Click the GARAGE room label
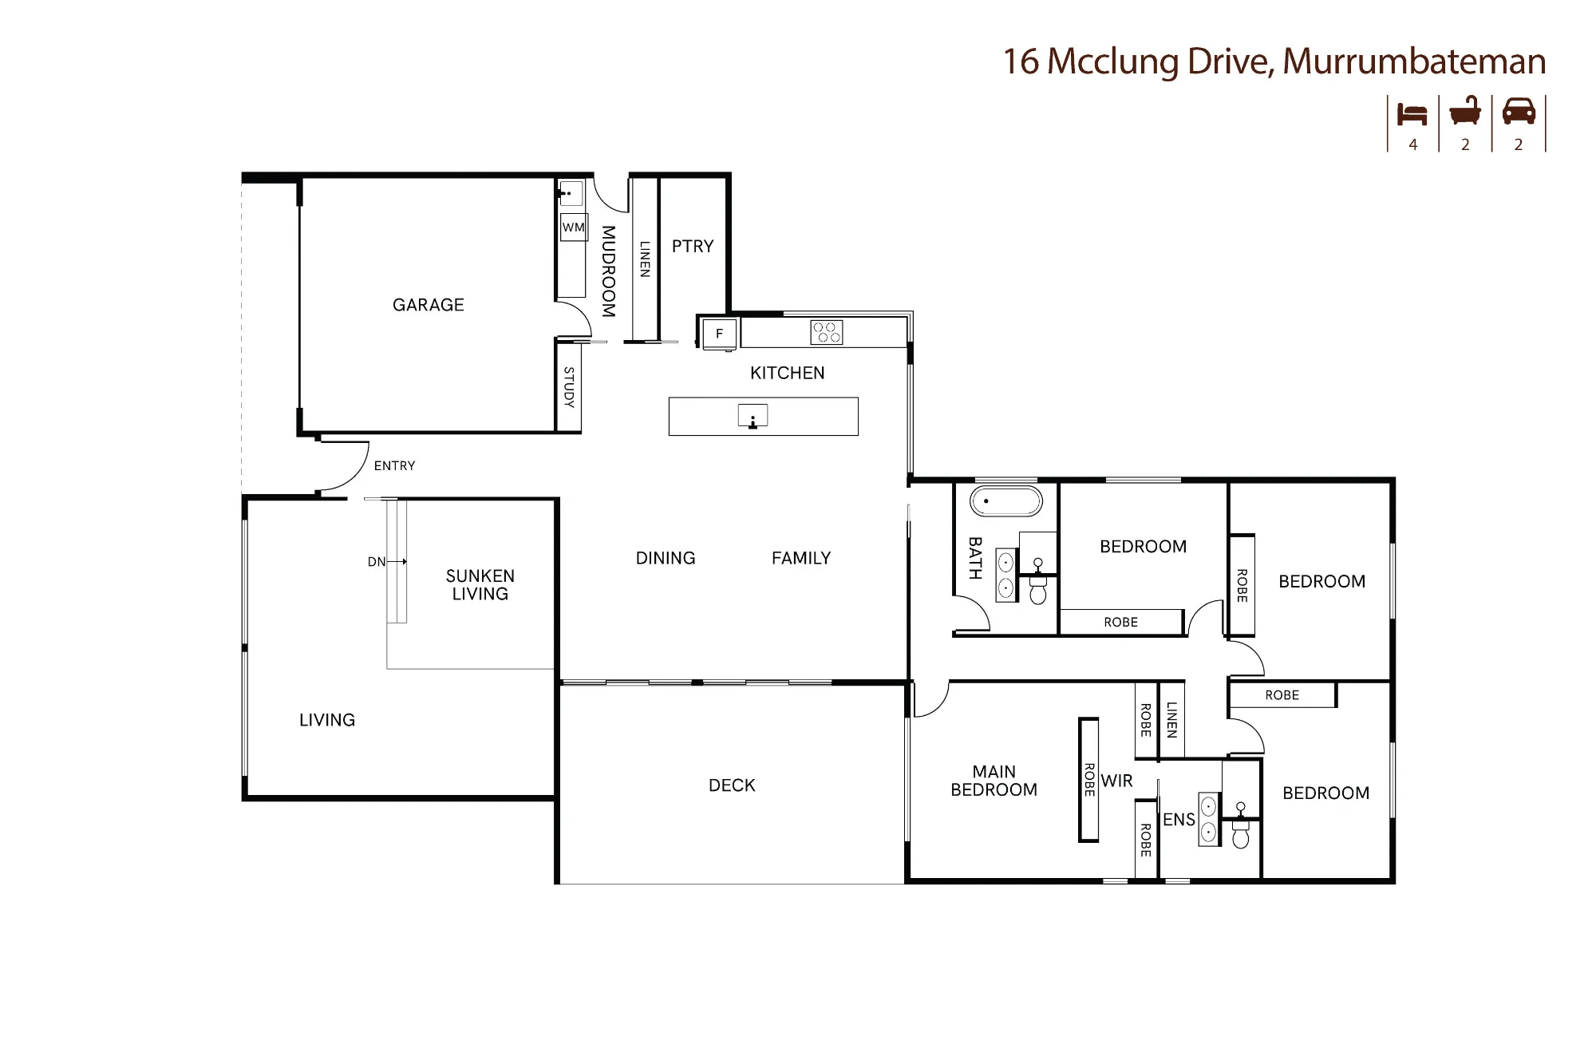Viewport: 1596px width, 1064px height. click(429, 305)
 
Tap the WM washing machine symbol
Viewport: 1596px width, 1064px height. click(574, 227)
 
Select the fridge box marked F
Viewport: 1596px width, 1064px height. click(719, 334)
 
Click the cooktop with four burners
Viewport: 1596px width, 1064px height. click(826, 332)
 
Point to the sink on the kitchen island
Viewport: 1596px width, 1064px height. click(753, 416)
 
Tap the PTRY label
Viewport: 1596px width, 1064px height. click(693, 247)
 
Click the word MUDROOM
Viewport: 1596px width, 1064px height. click(608, 271)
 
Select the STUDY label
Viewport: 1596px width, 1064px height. click(569, 387)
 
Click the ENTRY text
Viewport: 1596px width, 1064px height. click(395, 466)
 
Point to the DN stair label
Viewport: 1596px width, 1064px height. click(377, 562)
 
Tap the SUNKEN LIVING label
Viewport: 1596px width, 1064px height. click(480, 585)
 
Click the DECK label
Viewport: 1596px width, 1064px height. click(732, 785)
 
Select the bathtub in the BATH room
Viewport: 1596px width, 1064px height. click(1006, 502)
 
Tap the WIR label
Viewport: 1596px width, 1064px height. click(1116, 781)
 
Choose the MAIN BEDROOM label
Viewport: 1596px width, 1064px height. click(994, 781)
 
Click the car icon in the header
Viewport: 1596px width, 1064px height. click(1519, 111)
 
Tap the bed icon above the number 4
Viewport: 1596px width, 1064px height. click(1412, 114)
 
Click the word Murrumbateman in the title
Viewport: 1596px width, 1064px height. click(1414, 61)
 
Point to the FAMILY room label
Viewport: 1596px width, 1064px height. click(801, 558)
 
